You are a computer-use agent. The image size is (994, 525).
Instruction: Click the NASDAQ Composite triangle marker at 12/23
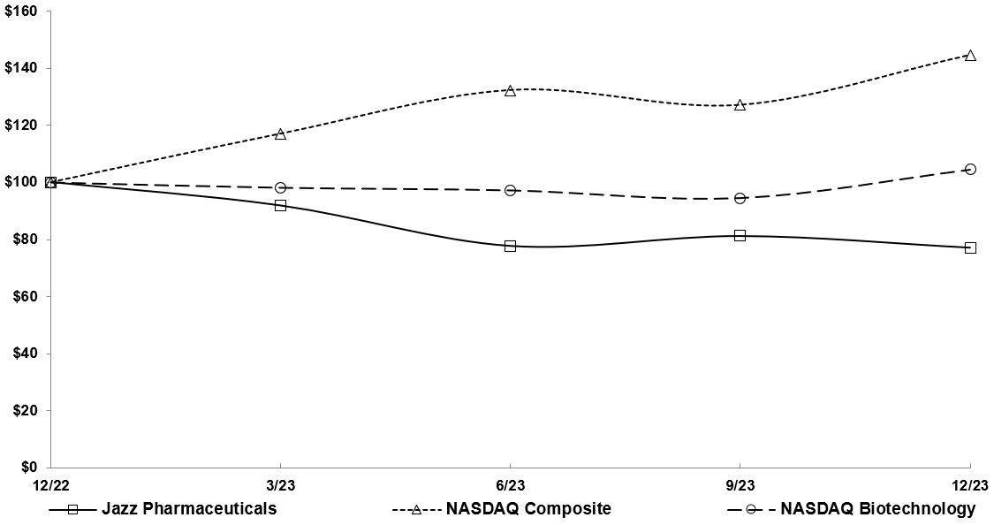pyautogui.click(x=970, y=56)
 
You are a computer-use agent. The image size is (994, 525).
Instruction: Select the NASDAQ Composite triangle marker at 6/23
pyautogui.click(x=510, y=91)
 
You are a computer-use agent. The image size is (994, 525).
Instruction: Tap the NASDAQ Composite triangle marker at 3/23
pyautogui.click(x=280, y=134)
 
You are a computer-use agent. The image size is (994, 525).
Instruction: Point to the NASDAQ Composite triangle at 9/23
pyautogui.click(x=740, y=105)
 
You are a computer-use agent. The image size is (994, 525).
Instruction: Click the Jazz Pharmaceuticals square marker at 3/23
pyautogui.click(x=280, y=205)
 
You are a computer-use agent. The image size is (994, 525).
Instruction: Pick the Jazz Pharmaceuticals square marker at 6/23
pyautogui.click(x=510, y=246)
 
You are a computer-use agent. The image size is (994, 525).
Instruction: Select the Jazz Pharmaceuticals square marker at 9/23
pyautogui.click(x=740, y=235)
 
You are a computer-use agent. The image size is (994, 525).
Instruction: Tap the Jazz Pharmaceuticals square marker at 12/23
pyautogui.click(x=970, y=247)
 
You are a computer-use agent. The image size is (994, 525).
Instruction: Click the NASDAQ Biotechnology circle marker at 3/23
pyautogui.click(x=280, y=187)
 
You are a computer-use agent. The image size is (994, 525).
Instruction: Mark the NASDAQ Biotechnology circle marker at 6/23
pyautogui.click(x=510, y=190)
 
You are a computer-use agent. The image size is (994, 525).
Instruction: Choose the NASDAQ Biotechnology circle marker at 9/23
pyautogui.click(x=740, y=198)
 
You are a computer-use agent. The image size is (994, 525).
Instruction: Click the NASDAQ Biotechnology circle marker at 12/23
pyautogui.click(x=970, y=169)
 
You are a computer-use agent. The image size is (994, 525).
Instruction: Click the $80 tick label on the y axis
pyautogui.click(x=27, y=240)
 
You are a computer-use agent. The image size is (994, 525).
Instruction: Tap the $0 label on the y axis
pyautogui.click(x=30, y=468)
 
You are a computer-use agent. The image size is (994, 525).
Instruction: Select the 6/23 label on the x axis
pyautogui.click(x=510, y=485)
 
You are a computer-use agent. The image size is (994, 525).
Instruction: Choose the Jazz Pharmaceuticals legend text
pyautogui.click(x=189, y=509)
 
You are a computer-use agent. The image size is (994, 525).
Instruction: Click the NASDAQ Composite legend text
pyautogui.click(x=528, y=509)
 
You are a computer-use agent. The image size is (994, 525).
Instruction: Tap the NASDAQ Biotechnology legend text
pyautogui.click(x=877, y=509)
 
